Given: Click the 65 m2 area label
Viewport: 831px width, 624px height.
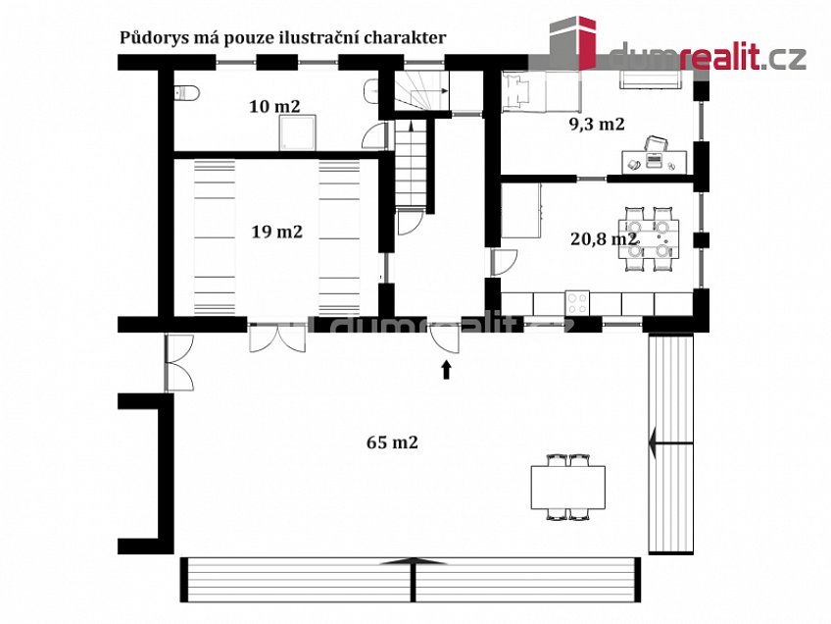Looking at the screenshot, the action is pos(392,442).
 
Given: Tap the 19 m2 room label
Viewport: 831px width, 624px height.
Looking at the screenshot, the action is pos(276,232).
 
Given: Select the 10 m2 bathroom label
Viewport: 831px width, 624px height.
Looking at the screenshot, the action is pos(274,106).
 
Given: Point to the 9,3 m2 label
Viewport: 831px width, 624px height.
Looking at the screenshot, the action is pos(597,124).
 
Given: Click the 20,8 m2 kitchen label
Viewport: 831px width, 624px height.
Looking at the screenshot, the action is pos(604,238).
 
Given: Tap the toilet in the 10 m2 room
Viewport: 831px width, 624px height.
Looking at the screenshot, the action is pos(186,93).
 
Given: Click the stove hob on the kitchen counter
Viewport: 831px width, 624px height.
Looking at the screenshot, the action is pos(577,303).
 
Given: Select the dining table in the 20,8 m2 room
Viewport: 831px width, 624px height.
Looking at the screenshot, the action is pos(649,239).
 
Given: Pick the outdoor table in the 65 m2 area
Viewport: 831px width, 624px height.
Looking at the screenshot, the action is pos(568,487).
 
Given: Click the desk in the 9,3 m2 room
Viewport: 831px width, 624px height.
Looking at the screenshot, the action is pos(654,162).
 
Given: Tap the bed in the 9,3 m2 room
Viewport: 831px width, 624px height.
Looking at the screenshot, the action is pos(541,91).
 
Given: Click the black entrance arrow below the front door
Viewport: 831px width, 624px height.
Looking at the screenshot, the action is pos(446,370).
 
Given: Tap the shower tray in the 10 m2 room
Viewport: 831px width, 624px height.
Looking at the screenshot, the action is pos(297,132).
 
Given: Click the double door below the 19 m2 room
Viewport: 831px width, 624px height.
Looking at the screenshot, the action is pos(277,338).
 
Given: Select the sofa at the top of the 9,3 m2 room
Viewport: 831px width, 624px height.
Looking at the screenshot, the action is pos(650,79).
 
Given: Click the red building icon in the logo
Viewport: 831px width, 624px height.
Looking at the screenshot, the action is pos(586,43).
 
